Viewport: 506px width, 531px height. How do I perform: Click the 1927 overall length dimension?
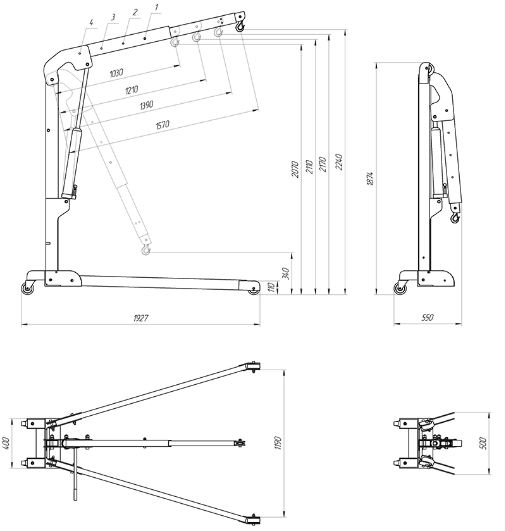[x=140, y=318]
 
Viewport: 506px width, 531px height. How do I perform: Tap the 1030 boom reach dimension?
[x=116, y=73]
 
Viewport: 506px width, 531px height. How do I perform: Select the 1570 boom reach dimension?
[x=163, y=125]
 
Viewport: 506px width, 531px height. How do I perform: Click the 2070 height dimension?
[x=295, y=169]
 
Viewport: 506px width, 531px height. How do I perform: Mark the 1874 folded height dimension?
[x=370, y=178]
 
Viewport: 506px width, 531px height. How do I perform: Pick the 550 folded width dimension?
[x=428, y=317]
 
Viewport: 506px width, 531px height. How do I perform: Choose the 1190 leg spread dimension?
[x=278, y=443]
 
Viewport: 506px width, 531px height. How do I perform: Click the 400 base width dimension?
[x=6, y=443]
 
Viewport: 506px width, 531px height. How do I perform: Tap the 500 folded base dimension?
[x=483, y=443]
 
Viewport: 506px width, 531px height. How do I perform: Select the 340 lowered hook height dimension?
[x=286, y=273]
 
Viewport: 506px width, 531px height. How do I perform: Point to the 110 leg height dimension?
[x=271, y=287]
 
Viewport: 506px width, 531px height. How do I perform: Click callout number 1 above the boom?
[x=156, y=8]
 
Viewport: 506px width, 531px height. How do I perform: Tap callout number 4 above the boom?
[x=91, y=23]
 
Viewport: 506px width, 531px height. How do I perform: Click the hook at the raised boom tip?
[x=240, y=26]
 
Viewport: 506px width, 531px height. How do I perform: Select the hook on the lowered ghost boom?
[x=145, y=250]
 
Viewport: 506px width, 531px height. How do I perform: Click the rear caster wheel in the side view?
[x=27, y=289]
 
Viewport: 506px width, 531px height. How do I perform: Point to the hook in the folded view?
[x=455, y=218]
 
